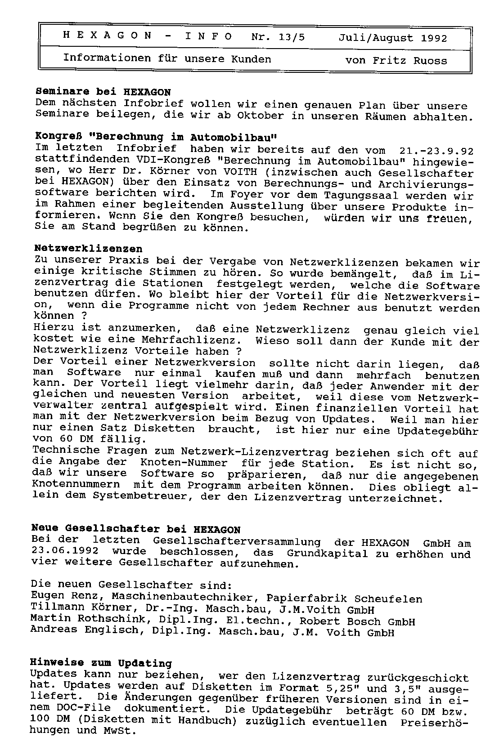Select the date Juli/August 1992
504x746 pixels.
(393, 38)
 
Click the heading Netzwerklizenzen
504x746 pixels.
(89, 249)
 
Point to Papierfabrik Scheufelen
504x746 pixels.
(344, 599)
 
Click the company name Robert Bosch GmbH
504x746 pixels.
(357, 622)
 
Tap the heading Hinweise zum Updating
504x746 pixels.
(101, 663)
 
